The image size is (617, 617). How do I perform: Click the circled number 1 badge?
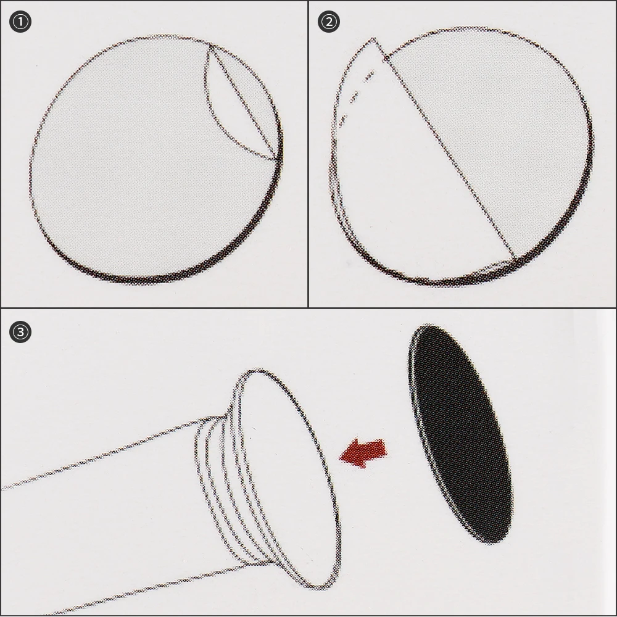[20, 22]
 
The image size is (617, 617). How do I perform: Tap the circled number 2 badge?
[329, 22]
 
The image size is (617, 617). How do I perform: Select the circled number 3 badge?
[20, 332]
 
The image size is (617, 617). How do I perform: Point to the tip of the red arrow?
[339, 457]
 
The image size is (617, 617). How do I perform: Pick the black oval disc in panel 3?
[460, 434]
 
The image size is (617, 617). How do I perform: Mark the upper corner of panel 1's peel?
[209, 44]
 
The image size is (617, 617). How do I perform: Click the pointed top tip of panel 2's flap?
[373, 38]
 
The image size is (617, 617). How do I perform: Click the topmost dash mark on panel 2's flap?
[370, 75]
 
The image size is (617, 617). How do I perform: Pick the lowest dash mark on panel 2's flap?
[343, 119]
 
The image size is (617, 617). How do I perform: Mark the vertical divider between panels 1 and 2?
[308, 154]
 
